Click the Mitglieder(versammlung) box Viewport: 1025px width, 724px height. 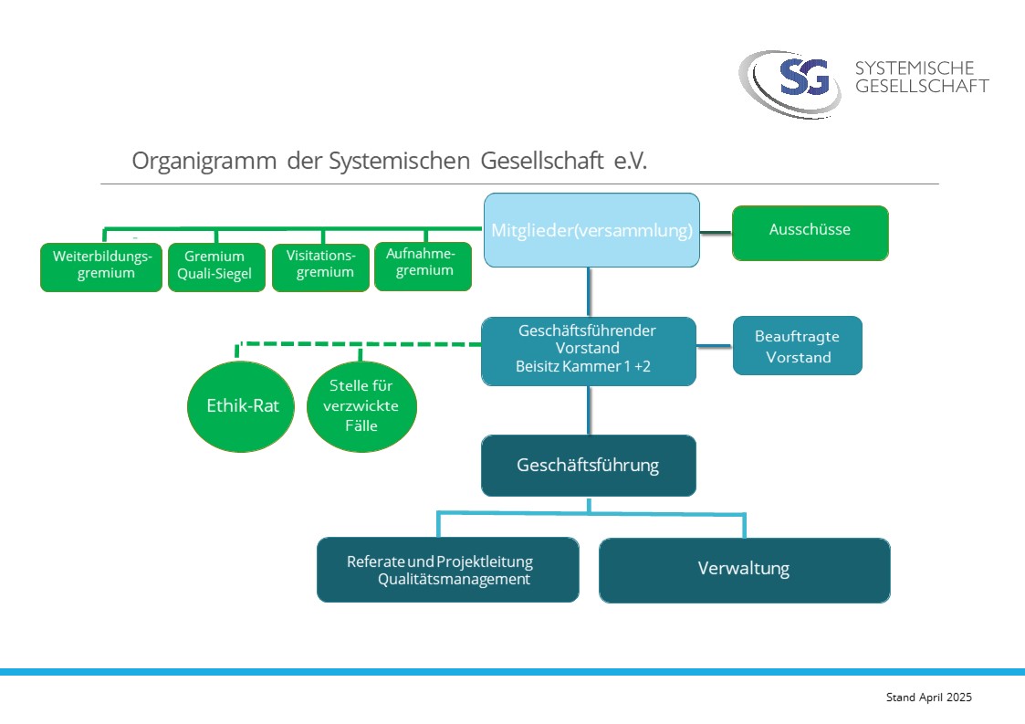591,230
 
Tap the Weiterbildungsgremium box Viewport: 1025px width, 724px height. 100,266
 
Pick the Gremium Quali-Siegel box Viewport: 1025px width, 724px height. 214,266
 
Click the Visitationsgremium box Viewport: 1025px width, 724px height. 320,266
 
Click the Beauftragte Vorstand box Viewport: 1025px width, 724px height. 797,346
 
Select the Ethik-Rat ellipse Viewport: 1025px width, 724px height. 241,406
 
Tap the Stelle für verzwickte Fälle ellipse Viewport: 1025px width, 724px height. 361,406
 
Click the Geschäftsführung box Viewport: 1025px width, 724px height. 588,466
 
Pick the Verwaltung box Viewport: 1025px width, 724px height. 744,570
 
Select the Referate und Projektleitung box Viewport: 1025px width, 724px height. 447,561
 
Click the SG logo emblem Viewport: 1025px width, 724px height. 803,79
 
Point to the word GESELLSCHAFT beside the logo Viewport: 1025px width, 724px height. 921,87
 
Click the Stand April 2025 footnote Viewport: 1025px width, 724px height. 928,698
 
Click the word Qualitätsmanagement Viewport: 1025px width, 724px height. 454,580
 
